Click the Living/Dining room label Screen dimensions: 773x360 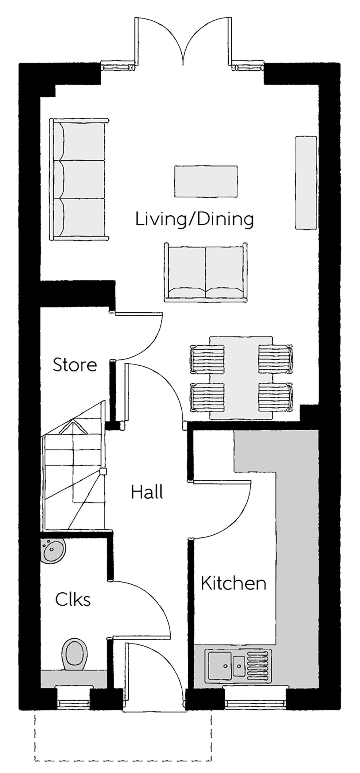[195, 220]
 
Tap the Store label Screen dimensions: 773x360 [75, 365]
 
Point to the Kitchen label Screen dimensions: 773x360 [233, 583]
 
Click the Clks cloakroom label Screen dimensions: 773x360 [73, 599]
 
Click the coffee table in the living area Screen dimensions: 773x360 [206, 181]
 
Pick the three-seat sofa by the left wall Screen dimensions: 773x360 [79, 179]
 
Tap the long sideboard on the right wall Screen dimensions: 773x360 [306, 183]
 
